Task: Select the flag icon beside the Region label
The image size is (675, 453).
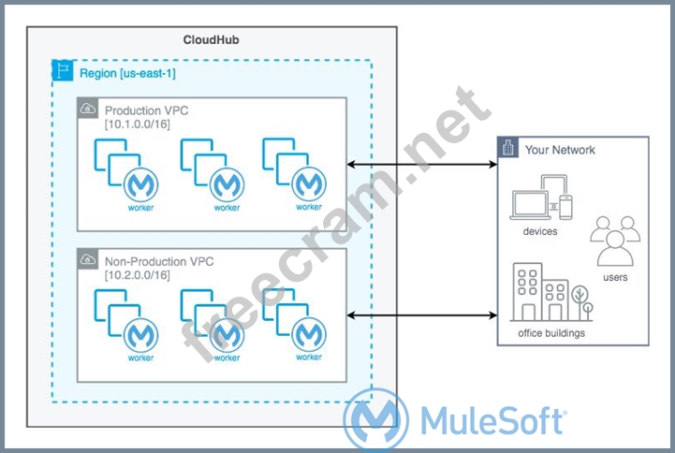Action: pyautogui.click(x=65, y=70)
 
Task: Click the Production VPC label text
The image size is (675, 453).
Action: pyautogui.click(x=148, y=110)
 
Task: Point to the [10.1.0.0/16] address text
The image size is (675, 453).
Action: pyautogui.click(x=137, y=124)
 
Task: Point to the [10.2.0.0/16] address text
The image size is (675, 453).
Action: pyautogui.click(x=137, y=274)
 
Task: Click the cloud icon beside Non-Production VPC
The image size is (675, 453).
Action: pyautogui.click(x=87, y=259)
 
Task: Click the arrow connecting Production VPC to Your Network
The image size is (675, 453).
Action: pyautogui.click(x=421, y=166)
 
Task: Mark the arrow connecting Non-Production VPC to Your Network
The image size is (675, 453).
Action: pyautogui.click(x=421, y=314)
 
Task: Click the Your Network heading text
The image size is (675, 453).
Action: pyautogui.click(x=560, y=150)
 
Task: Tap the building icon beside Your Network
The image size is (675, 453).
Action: pyautogui.click(x=509, y=149)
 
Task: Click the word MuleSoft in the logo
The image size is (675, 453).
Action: pyautogui.click(x=492, y=420)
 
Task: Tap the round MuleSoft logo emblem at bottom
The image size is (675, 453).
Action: pyautogui.click(x=375, y=421)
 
